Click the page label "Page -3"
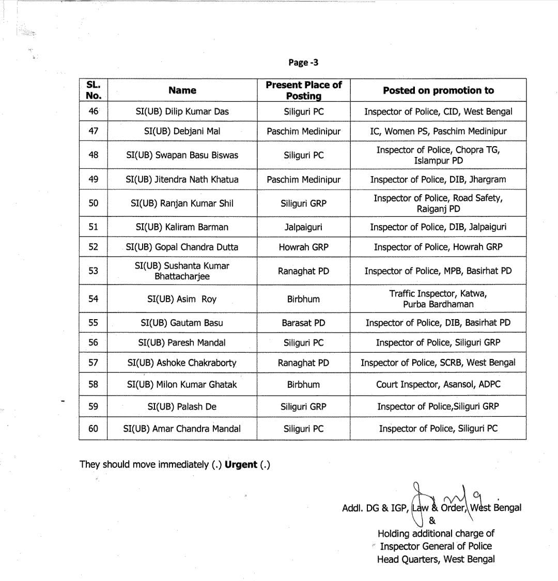[303, 62]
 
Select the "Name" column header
[182, 90]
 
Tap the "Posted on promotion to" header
[438, 90]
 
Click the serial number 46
[94, 111]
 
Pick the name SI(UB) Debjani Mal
[182, 131]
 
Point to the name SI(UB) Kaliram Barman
[182, 227]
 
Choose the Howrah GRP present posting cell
[303, 247]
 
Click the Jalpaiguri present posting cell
[303, 227]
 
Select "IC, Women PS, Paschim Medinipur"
[438, 131]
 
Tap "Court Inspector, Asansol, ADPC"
[438, 384]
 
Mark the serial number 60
[94, 428]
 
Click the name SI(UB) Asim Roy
[182, 299]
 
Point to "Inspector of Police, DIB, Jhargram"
[438, 179]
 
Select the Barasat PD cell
[303, 323]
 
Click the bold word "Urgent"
[241, 464]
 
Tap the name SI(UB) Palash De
[182, 406]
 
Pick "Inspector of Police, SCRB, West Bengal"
[438, 363]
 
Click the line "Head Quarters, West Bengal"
[436, 559]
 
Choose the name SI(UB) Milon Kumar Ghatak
[182, 384]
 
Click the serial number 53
[94, 271]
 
